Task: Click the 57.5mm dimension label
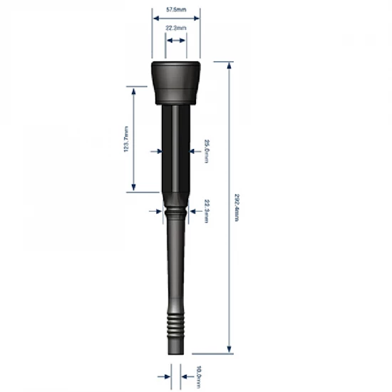(175, 9)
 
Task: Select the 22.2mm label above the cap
(175, 28)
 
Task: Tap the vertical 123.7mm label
(126, 139)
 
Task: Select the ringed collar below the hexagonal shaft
(175, 212)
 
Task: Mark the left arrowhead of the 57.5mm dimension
(153, 18)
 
